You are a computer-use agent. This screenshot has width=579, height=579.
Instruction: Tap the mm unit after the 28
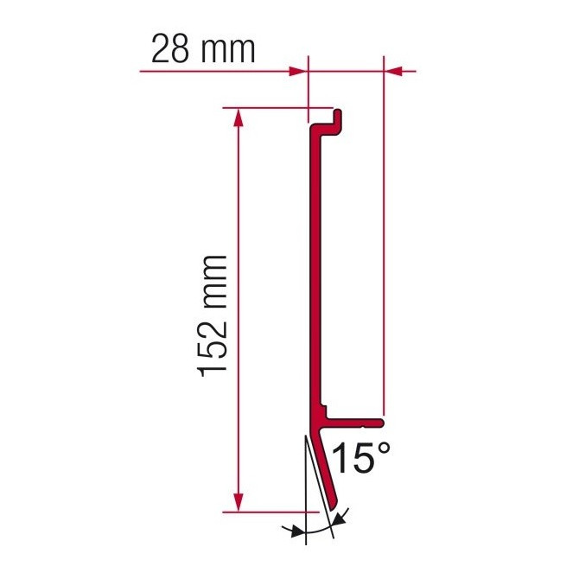(227, 48)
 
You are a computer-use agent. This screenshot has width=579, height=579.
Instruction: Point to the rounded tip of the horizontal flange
(381, 422)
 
